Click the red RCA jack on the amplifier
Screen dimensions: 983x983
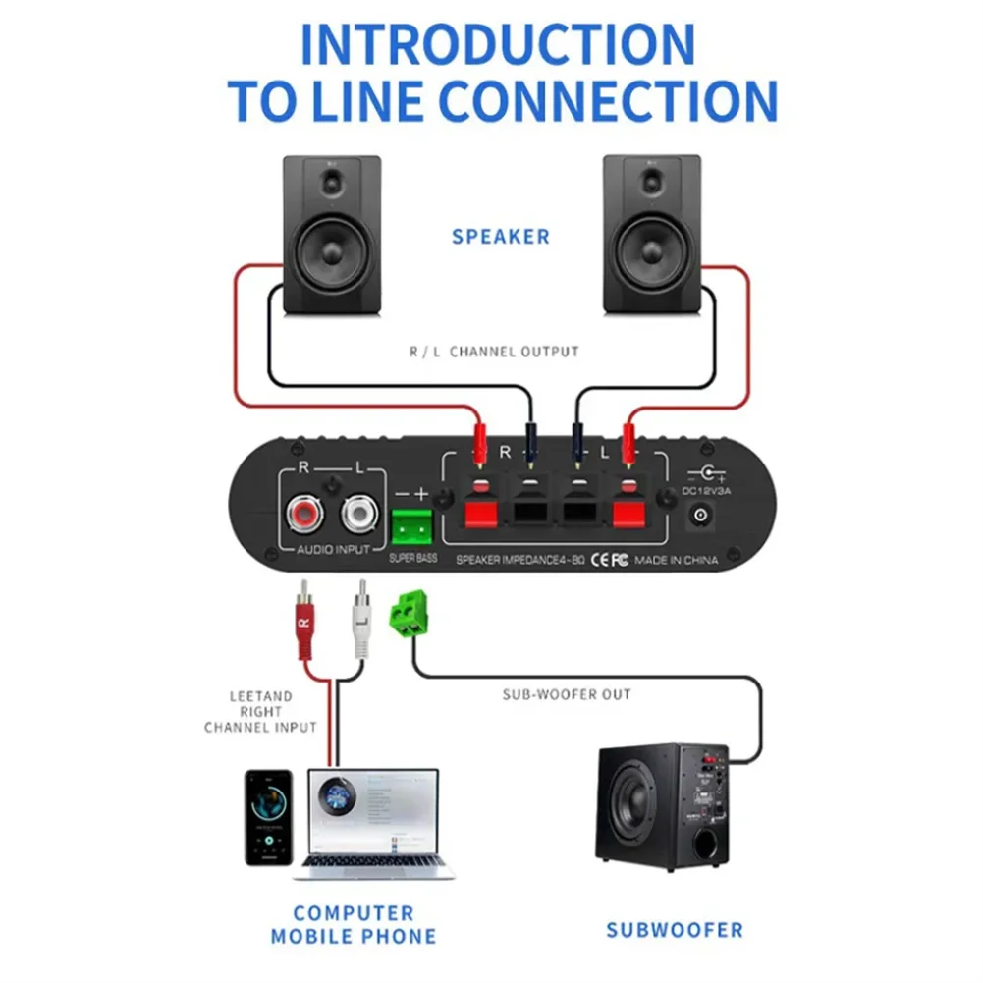302,514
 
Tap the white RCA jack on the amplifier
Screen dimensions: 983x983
359,514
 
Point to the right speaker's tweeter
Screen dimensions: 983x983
651,183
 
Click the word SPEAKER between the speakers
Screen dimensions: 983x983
501,237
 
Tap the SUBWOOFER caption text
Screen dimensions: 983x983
674,929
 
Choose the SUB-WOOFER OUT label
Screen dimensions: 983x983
567,694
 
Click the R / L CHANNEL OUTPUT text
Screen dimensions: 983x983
494,351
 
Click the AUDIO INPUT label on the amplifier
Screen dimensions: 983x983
333,550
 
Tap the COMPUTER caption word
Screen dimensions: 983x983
353,912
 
